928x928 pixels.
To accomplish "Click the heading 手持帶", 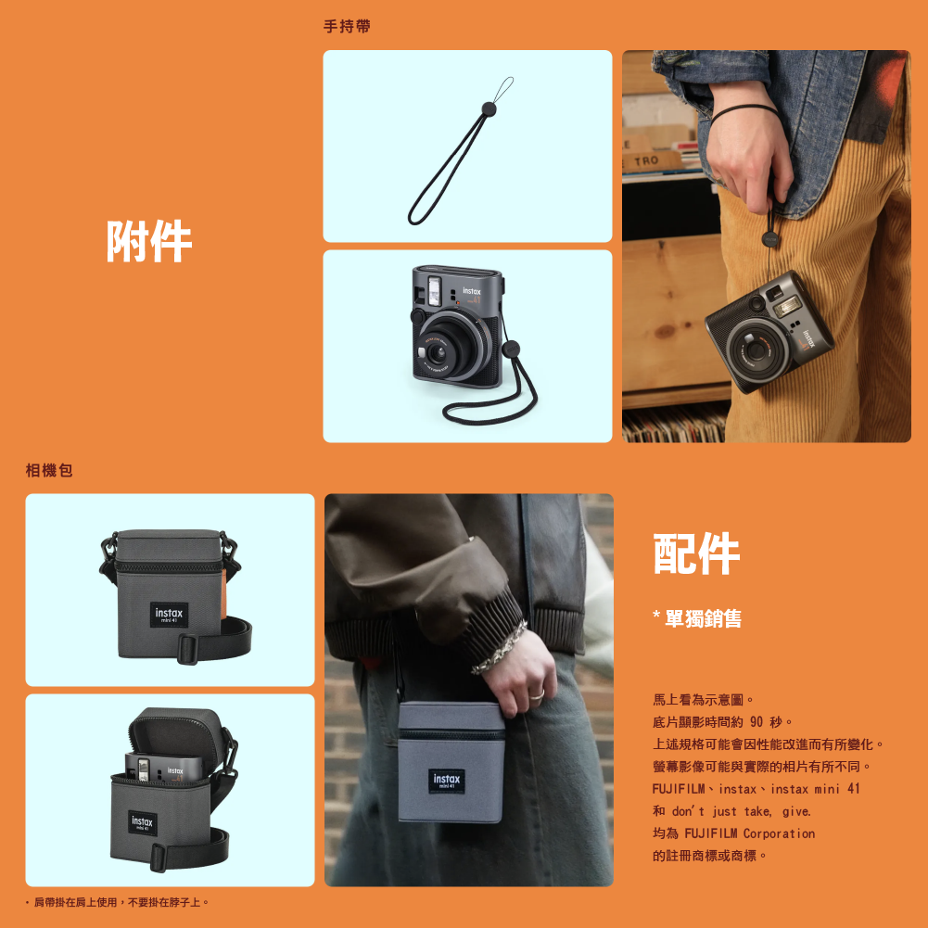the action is (x=347, y=27).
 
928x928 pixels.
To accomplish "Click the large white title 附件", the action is (x=149, y=241).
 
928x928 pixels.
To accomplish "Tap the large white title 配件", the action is (x=696, y=553).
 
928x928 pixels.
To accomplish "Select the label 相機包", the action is (x=49, y=471).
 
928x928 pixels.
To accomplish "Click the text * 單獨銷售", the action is (x=697, y=618).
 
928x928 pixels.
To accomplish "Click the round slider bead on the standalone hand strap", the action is (x=489, y=108).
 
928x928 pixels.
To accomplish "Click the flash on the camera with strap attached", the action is (x=434, y=290).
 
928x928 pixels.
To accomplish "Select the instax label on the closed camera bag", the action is (x=170, y=615).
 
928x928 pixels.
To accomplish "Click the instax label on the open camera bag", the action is (x=142, y=822).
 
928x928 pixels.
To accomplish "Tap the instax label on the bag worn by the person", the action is (x=446, y=782).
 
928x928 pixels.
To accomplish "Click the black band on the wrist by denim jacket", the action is (x=744, y=110).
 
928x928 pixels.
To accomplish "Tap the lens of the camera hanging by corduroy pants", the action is (x=757, y=350).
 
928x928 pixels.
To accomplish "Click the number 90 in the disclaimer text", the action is (x=756, y=722).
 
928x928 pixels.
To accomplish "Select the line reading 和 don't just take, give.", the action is (x=731, y=811).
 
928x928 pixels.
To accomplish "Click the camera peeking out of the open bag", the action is (x=162, y=769).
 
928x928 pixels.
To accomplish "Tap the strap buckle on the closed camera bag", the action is (x=188, y=649).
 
